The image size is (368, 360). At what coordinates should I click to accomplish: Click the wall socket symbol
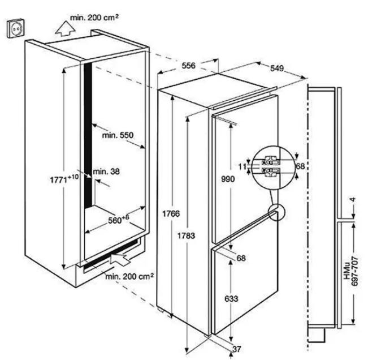point(15,28)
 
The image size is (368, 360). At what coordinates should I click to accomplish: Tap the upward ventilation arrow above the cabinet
point(65,29)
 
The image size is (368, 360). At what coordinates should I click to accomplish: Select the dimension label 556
point(188,66)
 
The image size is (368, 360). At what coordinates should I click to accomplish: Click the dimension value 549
point(277,68)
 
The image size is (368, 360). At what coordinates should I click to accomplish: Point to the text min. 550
point(118,135)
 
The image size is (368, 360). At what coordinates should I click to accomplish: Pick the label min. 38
point(106,172)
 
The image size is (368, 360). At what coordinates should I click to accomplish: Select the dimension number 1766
point(171,213)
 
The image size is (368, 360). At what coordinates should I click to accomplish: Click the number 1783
point(186,235)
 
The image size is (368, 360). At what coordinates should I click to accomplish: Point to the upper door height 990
point(228,179)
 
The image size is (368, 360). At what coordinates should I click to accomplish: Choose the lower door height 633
point(231,299)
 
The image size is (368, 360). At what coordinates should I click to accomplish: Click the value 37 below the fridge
point(236,349)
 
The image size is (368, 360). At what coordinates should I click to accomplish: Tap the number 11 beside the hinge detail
point(243,166)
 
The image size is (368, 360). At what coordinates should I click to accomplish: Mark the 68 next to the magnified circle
point(300,166)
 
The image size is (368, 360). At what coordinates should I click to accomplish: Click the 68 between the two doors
point(241,258)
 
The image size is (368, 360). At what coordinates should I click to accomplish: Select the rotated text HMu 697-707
point(351,271)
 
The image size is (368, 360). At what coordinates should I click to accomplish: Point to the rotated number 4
point(353,200)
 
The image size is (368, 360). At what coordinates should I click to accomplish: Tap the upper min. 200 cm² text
point(94,18)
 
